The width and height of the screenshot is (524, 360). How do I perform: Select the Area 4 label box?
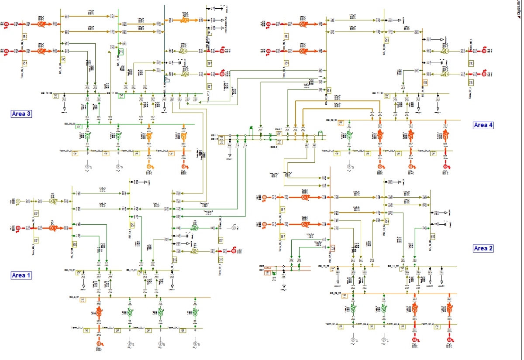pos(483,125)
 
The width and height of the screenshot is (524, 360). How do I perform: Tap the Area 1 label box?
pos(21,275)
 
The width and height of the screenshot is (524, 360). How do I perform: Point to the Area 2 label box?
pos(483,248)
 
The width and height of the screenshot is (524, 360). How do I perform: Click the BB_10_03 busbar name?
pos(47,93)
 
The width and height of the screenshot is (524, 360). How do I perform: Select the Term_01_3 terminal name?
pos(65,150)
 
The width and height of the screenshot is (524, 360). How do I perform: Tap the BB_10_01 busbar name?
pos(70,270)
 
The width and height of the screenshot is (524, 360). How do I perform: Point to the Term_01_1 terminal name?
pos(78,327)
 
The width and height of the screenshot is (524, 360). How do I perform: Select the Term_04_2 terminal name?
pos(427,324)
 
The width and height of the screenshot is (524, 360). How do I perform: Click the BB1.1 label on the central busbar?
pos(213,136)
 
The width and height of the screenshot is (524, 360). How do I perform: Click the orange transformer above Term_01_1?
pos(99,312)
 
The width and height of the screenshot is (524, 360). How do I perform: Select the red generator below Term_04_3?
pos(184,166)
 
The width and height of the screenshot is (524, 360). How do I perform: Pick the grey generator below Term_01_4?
pos(349,166)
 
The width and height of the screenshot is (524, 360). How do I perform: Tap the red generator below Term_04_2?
pos(448,339)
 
